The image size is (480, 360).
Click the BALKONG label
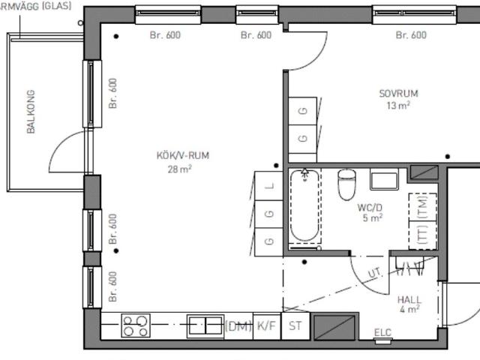point(31,112)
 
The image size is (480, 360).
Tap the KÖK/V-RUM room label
point(183,155)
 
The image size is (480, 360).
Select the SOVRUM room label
point(398,93)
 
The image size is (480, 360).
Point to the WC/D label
point(370,208)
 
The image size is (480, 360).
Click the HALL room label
point(409,299)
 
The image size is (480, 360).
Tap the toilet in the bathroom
point(346,184)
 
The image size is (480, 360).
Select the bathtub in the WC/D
point(305,205)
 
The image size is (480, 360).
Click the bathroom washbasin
point(384,179)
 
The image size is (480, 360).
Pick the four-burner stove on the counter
point(136,325)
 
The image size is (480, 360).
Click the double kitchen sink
point(205,325)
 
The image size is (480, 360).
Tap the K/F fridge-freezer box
point(267,326)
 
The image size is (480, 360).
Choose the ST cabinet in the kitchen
point(295,326)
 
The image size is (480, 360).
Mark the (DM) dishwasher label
point(238,326)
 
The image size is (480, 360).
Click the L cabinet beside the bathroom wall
point(268,186)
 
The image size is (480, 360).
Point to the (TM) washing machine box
point(423,207)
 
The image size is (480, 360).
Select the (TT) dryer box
point(423,235)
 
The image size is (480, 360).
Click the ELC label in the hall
point(382,332)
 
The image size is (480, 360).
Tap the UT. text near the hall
point(375,272)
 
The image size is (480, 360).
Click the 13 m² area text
point(398,106)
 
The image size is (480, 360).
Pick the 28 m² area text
point(180,169)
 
